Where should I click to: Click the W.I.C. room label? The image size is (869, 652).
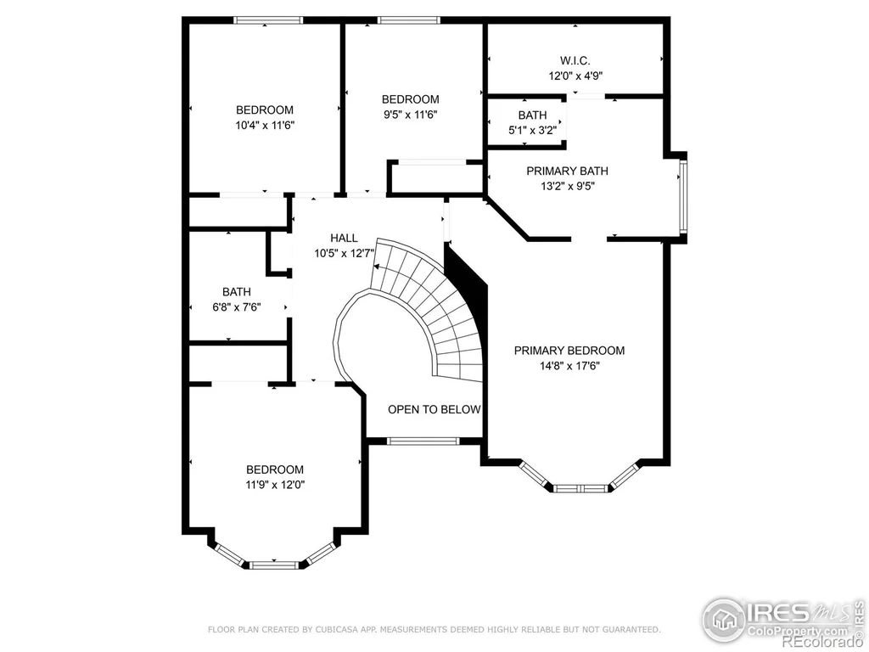575,60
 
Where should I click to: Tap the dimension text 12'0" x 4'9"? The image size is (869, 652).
575,76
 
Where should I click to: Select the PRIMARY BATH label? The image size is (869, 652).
567,171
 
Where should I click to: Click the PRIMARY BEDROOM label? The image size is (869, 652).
569,351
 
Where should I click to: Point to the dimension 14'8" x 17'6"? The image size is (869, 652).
569,366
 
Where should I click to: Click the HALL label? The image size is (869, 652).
344,238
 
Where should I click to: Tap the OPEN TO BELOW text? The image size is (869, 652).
434,410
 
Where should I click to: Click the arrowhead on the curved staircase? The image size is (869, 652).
377,267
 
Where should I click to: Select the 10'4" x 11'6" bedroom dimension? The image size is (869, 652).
265,126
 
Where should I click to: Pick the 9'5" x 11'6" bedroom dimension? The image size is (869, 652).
410,115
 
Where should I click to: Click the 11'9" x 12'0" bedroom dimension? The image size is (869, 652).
276,485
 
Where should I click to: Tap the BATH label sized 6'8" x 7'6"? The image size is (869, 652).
237,292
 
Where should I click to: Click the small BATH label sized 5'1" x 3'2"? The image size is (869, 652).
532,115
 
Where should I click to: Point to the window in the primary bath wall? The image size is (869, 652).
683,196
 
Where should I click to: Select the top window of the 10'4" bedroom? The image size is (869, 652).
268,20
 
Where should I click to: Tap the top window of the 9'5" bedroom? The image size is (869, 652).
409,20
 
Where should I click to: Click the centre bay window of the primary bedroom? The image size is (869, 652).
580,488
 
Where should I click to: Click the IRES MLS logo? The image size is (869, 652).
783,618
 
